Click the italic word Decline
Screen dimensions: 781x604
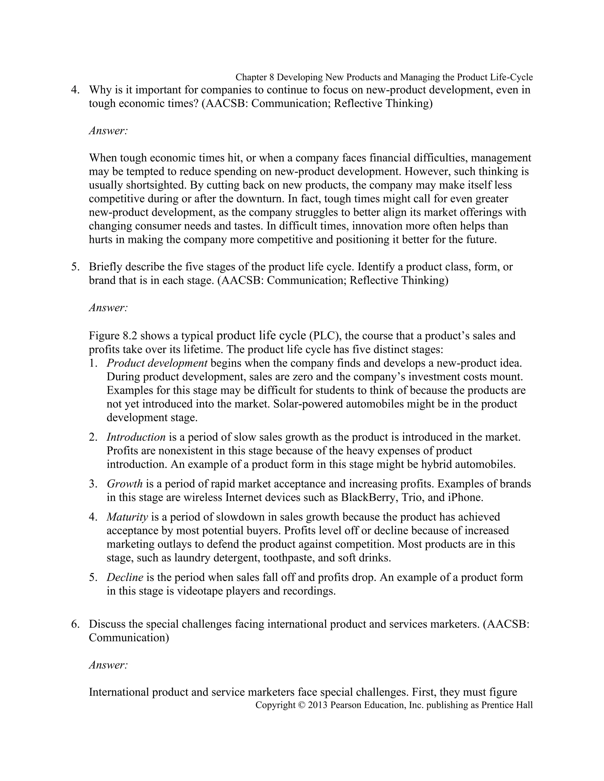point(125,577)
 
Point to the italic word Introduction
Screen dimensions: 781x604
point(136,437)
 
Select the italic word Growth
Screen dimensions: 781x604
point(124,484)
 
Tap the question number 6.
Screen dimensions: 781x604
point(75,624)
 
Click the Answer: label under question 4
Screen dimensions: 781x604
point(108,131)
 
